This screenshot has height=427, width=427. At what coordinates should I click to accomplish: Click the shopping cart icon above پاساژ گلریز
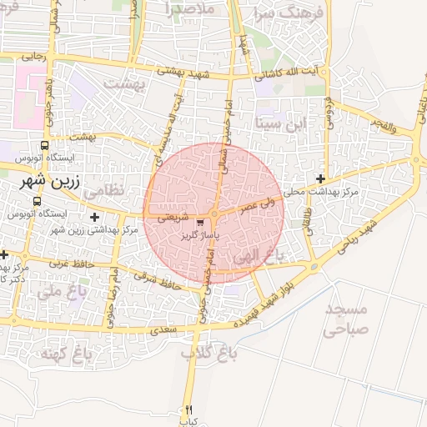pos(199,224)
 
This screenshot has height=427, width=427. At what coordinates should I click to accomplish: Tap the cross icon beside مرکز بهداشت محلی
pos(321,178)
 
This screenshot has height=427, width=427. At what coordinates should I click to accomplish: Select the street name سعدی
pos(159,331)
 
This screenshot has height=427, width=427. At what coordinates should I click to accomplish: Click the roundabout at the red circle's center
pos(214,214)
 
